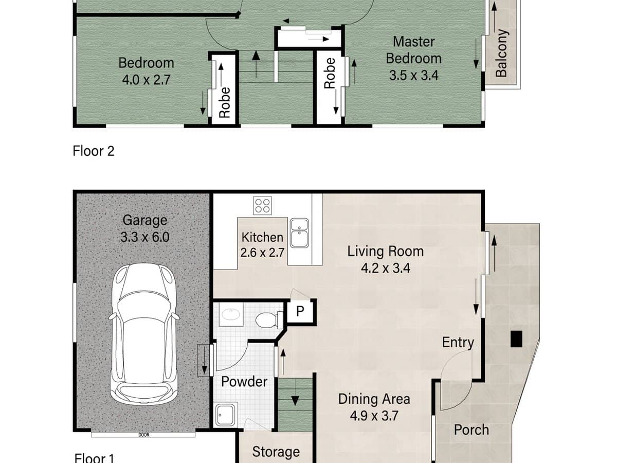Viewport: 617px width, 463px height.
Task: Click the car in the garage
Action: click(144, 334)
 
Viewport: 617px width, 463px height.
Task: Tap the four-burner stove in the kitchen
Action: click(262, 206)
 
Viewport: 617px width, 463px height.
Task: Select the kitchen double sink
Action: click(299, 233)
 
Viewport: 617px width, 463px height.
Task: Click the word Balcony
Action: click(501, 53)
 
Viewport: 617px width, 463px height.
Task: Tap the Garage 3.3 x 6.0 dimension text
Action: click(145, 237)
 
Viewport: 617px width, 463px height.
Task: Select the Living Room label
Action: click(385, 251)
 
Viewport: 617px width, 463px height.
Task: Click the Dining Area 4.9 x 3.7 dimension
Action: click(374, 416)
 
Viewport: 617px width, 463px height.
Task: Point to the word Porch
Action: click(471, 430)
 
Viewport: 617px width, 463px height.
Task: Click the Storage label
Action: click(276, 452)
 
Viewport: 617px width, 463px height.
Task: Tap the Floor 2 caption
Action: click(93, 151)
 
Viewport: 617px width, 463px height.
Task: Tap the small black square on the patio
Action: click(516, 338)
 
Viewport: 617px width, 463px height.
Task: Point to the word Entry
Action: click(458, 342)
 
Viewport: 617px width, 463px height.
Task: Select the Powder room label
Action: click(244, 382)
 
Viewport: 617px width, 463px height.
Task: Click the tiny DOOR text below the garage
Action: click(143, 435)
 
